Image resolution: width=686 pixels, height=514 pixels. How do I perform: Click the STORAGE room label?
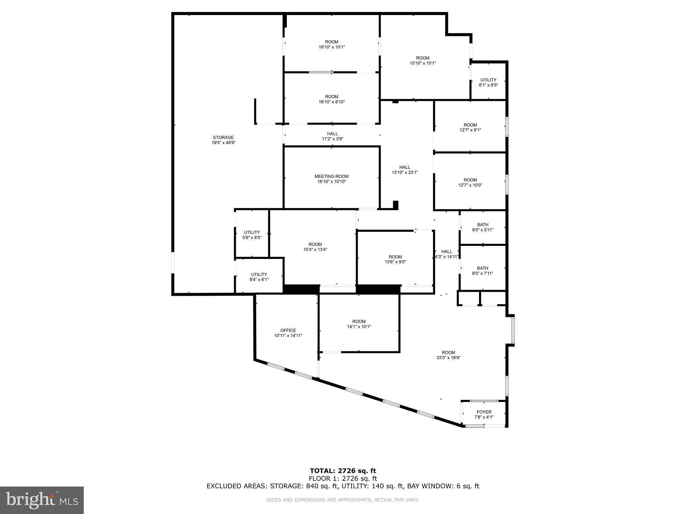click(223, 137)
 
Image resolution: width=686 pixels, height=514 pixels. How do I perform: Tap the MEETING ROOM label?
click(331, 176)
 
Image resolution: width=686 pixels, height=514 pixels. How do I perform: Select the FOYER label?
click(484, 412)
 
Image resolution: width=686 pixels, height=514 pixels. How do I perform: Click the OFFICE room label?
click(288, 330)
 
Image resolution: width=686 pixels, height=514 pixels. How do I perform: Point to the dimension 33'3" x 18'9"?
click(448, 357)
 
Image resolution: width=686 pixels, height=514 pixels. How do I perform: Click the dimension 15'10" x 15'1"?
click(423, 63)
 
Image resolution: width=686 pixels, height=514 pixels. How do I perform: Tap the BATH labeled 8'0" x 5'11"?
click(482, 225)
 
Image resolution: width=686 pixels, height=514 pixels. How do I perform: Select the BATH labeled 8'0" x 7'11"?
click(482, 268)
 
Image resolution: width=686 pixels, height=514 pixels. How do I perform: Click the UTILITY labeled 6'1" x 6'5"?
click(488, 80)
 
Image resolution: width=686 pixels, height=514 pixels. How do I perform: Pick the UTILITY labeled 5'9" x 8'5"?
click(252, 232)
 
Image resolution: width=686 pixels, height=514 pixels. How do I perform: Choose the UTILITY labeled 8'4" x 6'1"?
click(259, 274)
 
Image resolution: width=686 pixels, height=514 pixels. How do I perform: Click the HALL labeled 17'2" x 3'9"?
click(332, 134)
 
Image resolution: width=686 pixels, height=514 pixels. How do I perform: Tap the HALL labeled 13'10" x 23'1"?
click(404, 167)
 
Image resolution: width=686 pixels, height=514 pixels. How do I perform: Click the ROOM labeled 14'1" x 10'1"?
click(359, 321)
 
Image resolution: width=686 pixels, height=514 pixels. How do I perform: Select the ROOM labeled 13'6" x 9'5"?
click(395, 257)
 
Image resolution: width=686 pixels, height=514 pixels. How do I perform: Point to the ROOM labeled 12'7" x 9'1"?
click(470, 125)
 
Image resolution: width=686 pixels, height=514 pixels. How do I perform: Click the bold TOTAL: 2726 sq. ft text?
click(343, 471)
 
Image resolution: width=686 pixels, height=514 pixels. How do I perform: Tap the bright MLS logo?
click(42, 500)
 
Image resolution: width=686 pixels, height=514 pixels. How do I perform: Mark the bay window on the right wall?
click(513, 330)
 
